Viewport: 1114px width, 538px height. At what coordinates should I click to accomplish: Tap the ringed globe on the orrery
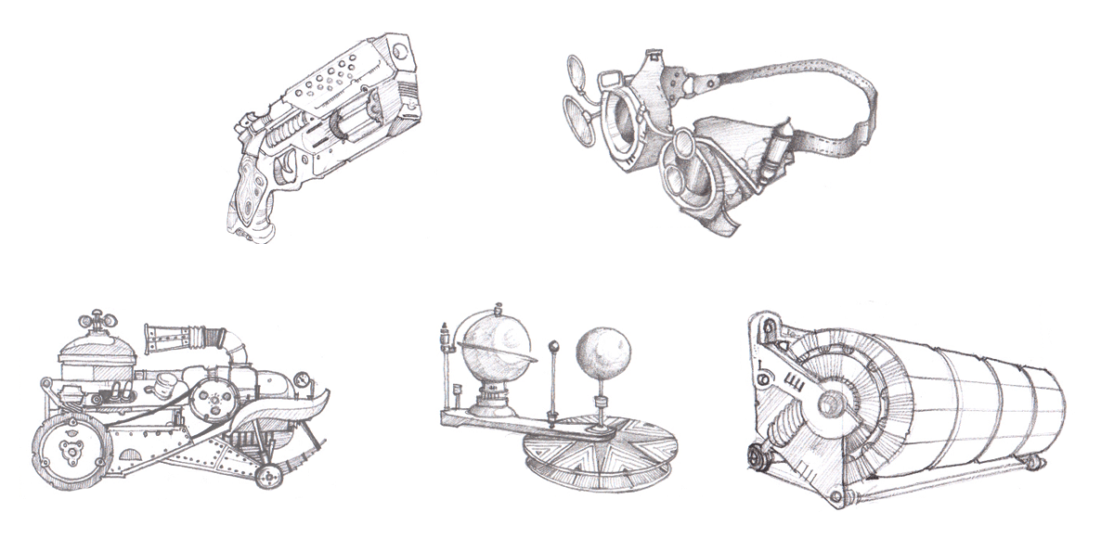(499, 350)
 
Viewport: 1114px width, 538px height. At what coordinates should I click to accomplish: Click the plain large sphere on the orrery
(604, 352)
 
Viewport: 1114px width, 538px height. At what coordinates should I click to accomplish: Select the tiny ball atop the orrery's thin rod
(554, 348)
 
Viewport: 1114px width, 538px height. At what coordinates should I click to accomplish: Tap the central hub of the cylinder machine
(830, 403)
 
